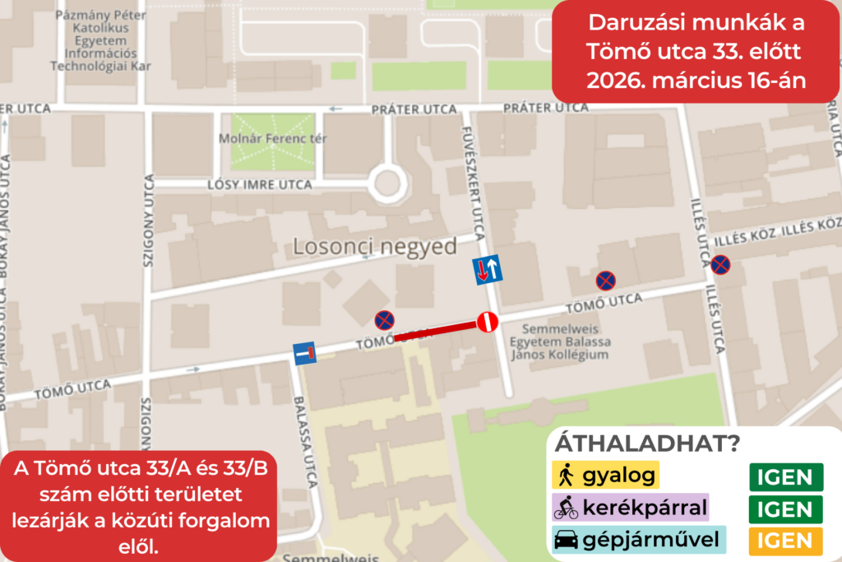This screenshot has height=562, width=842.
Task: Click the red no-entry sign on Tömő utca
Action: click(x=488, y=323)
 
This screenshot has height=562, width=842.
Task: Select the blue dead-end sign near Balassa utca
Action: click(x=305, y=354)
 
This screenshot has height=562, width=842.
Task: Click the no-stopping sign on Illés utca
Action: click(x=720, y=264)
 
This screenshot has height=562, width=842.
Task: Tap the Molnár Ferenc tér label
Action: click(x=268, y=138)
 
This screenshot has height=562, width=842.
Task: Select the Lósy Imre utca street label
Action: click(x=261, y=185)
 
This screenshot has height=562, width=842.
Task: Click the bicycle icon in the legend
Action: click(x=566, y=508)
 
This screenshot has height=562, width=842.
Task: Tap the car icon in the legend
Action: click(x=566, y=540)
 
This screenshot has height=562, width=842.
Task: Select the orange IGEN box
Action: click(x=785, y=541)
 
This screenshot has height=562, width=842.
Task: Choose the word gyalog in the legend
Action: click(x=618, y=475)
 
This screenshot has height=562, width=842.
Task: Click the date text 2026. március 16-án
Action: click(x=695, y=81)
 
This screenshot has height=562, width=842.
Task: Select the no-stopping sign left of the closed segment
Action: click(x=384, y=320)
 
